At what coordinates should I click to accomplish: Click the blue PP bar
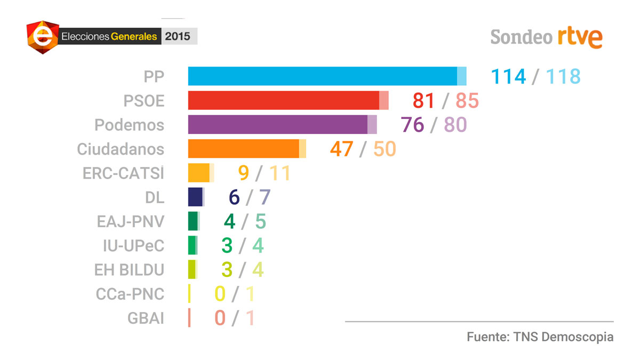(x=323, y=76)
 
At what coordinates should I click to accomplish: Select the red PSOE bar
(x=284, y=100)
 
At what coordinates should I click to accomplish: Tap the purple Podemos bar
(x=278, y=124)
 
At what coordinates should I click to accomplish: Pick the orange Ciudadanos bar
(x=244, y=149)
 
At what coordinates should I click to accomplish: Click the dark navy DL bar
(x=195, y=197)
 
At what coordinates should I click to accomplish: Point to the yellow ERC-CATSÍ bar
(x=199, y=173)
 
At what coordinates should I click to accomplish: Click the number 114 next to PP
(x=508, y=76)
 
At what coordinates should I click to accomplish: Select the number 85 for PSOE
(x=467, y=100)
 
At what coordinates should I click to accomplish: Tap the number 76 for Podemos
(x=412, y=124)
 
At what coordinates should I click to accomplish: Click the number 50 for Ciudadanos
(x=385, y=149)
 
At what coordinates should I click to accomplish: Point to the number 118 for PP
(x=563, y=76)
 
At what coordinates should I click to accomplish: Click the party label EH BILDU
(x=129, y=270)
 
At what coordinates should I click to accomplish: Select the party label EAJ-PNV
(x=131, y=221)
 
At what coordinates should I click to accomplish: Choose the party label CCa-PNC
(x=130, y=294)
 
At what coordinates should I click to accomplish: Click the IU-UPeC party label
(x=133, y=246)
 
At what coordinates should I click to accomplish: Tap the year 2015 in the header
(x=178, y=37)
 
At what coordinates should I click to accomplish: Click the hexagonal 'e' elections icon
(x=43, y=37)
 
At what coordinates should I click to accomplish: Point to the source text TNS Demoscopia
(x=563, y=337)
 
